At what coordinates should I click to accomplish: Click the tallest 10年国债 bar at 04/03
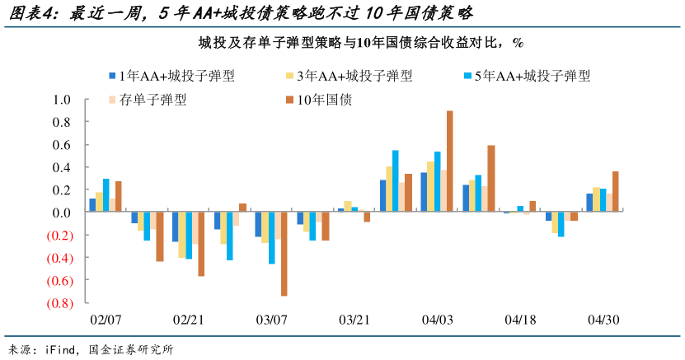(450, 161)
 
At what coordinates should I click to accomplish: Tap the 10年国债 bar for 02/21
(201, 244)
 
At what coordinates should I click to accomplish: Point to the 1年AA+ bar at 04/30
(589, 203)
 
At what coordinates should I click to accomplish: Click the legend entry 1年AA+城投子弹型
(171, 76)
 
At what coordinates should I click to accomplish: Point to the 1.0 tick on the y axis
(64, 100)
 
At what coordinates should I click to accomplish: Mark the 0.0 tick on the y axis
(64, 213)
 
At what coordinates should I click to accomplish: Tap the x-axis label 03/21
(354, 320)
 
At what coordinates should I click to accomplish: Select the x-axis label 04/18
(520, 320)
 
